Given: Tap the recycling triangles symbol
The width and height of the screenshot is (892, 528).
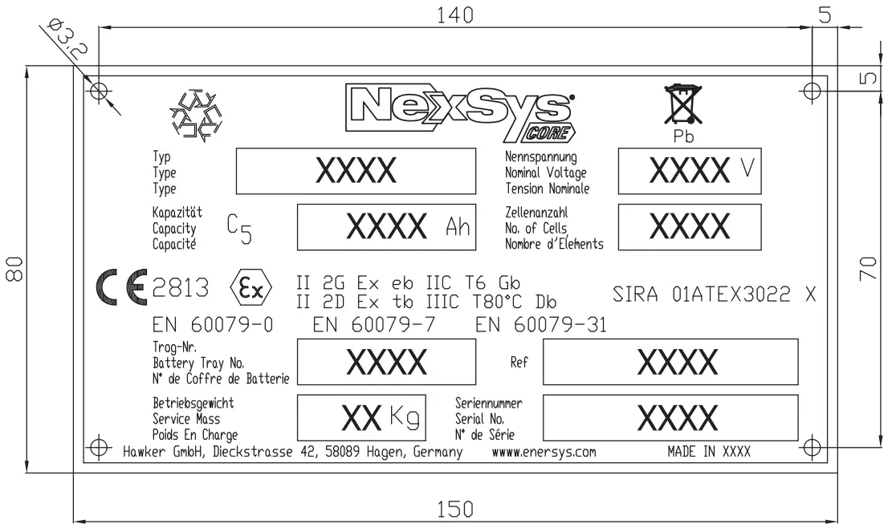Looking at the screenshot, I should pos(193,117).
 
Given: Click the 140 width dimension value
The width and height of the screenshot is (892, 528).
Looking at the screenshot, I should pos(450,14).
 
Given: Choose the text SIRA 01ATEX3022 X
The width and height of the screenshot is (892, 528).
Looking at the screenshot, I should pos(713,294).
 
